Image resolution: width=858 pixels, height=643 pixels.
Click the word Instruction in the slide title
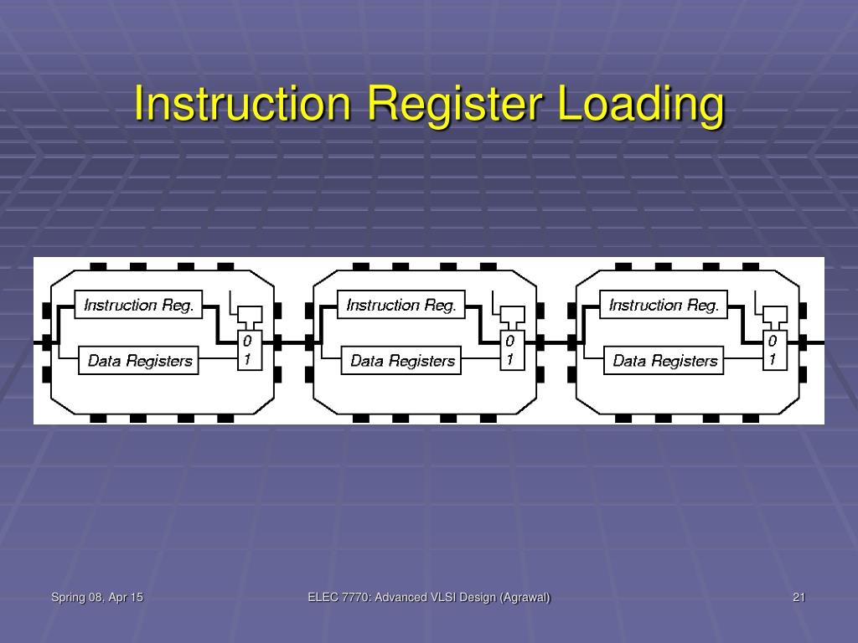click(x=242, y=105)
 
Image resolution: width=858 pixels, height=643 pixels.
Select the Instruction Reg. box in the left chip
click(x=139, y=305)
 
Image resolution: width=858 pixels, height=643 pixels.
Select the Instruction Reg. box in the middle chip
click(x=401, y=305)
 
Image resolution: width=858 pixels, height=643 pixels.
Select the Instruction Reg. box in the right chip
click(x=664, y=305)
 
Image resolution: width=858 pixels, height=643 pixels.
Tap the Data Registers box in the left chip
click(x=139, y=361)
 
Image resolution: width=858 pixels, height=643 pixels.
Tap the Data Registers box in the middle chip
click(x=402, y=361)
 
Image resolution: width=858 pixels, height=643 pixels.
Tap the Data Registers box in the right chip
click(x=664, y=361)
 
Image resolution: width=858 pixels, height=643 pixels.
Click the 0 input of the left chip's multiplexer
click(x=248, y=342)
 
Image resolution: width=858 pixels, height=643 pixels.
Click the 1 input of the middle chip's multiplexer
click(x=510, y=360)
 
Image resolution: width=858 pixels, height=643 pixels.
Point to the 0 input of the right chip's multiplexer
click(x=773, y=342)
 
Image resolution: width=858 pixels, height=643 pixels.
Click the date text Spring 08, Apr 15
click(x=97, y=597)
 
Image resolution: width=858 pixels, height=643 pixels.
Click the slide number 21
click(x=799, y=597)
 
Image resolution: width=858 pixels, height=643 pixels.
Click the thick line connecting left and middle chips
click(x=293, y=342)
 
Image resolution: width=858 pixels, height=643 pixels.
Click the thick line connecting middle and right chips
click(x=556, y=342)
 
